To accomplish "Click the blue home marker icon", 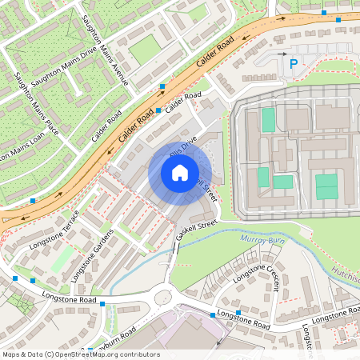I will (x=180, y=172).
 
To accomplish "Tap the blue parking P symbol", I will (x=293, y=63).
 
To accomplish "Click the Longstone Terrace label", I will (x=54, y=230).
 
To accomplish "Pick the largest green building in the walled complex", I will (x=326, y=187).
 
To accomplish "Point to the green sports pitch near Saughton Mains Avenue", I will (x=144, y=50).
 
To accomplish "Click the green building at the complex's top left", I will (x=268, y=120).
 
